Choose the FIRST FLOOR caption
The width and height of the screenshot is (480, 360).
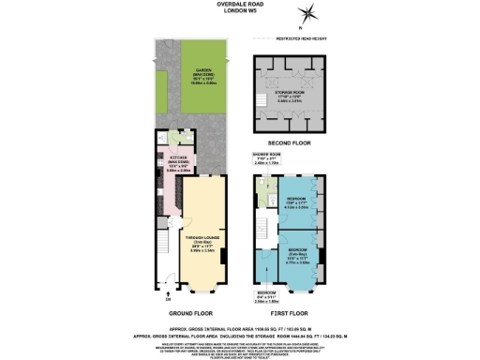pos(290,311)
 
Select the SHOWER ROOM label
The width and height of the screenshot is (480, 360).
pos(268,157)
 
